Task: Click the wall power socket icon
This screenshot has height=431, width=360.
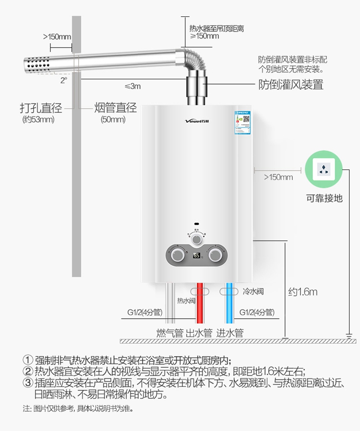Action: click(x=324, y=169)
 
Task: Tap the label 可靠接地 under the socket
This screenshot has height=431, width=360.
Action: click(x=324, y=198)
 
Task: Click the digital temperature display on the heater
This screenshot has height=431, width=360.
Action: click(x=197, y=255)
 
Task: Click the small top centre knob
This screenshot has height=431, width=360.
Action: click(x=196, y=239)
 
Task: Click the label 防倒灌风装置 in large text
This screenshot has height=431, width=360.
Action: click(x=291, y=85)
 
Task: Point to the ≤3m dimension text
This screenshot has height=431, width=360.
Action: click(x=133, y=86)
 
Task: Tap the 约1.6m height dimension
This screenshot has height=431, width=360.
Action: click(x=303, y=291)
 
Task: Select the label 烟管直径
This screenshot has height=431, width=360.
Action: click(x=115, y=108)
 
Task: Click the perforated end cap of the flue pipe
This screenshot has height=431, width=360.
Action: click(x=36, y=65)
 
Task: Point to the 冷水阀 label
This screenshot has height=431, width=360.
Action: click(x=253, y=291)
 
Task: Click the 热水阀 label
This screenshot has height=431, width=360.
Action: click(x=186, y=301)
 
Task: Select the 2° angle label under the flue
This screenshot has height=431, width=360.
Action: click(x=63, y=81)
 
